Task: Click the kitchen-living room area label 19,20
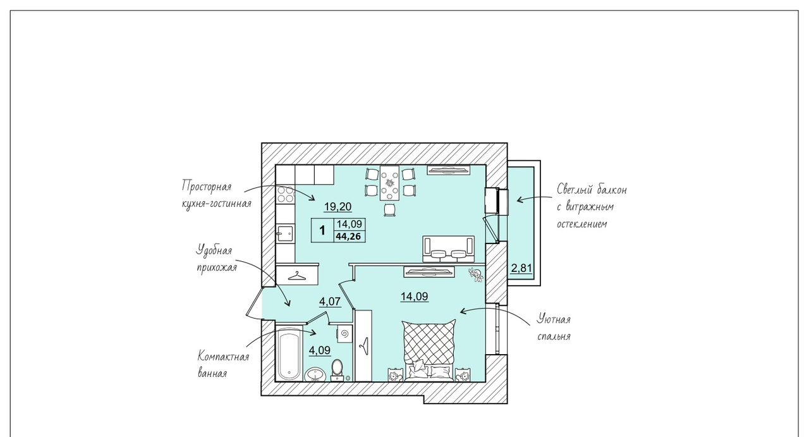pos(338,207)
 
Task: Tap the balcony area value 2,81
pos(521,268)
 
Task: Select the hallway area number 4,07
pos(330,301)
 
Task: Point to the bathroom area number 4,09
pos(320,350)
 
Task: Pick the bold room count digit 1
pos(322,230)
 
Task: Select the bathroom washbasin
pos(315,374)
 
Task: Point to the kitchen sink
pos(285,233)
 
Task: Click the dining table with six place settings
pos(389,183)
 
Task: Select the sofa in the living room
pos(449,249)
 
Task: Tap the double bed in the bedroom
pos(429,350)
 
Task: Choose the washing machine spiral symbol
pos(344,333)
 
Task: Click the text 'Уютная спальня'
pos(554,328)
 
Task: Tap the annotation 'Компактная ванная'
pos(223,364)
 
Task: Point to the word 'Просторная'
pos(206,187)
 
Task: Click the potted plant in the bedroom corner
pos(476,274)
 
